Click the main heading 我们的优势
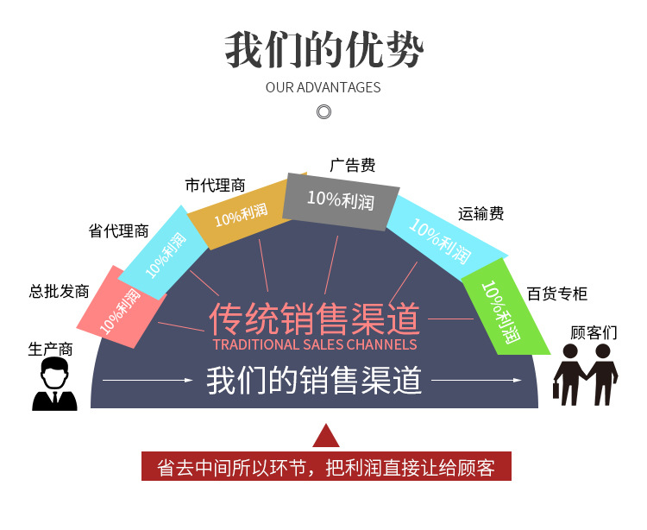323,50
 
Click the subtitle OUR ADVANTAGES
323,87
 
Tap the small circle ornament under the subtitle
324,111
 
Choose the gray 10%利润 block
340,200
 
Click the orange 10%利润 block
236,214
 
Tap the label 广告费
353,165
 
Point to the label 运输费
481,213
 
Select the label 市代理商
215,185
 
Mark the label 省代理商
118,230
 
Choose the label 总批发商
59,291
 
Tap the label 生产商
50,349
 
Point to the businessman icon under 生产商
54,385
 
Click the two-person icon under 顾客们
586,375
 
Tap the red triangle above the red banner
325,436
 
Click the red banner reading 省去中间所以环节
326,467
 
